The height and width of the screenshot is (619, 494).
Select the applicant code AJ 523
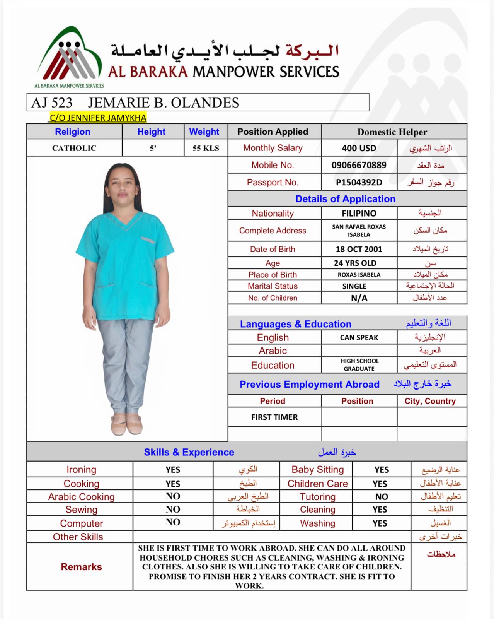(52, 103)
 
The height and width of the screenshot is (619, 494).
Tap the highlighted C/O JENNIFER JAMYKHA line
(98, 118)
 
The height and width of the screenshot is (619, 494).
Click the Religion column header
(73, 132)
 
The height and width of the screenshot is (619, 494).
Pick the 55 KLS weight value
(206, 148)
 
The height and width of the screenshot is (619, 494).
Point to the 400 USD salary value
(359, 148)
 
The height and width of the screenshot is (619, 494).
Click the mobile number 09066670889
(359, 165)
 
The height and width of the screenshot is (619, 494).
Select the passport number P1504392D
(359, 182)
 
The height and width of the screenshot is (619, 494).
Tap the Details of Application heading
(345, 199)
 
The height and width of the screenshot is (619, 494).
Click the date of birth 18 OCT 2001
(359, 249)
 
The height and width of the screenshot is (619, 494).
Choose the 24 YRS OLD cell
(355, 263)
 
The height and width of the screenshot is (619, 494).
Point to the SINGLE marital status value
(354, 286)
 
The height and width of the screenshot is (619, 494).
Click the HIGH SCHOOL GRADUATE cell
(359, 365)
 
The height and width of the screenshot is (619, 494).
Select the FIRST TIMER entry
(274, 417)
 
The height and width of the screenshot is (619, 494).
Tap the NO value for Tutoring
(381, 497)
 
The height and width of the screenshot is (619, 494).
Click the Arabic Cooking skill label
(81, 497)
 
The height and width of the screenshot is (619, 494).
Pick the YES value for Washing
(380, 523)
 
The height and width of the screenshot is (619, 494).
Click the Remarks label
(81, 567)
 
